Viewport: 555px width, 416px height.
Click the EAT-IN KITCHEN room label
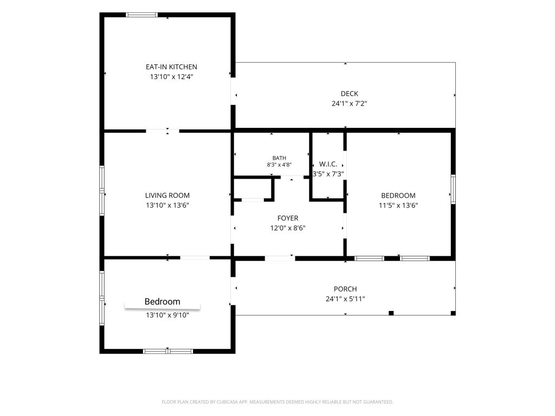[171, 67]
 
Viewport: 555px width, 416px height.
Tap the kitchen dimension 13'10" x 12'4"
[171, 77]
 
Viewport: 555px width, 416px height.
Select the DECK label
[350, 94]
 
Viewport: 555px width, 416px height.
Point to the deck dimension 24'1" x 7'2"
[350, 103]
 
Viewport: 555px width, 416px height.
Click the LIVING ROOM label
[167, 195]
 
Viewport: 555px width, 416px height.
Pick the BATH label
[279, 158]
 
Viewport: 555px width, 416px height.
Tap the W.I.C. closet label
[328, 164]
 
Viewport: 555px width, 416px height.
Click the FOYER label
[288, 218]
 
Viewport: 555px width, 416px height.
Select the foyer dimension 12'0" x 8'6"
[288, 228]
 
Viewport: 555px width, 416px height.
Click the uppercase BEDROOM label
[398, 196]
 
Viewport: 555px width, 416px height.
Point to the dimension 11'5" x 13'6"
[398, 205]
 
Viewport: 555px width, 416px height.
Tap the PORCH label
[345, 289]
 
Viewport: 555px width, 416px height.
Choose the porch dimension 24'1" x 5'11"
[345, 299]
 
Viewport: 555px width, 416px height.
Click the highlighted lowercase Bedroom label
[163, 302]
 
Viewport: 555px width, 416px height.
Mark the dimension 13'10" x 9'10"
[167, 315]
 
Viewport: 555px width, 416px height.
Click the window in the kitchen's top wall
[141, 15]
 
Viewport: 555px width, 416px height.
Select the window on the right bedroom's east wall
[453, 189]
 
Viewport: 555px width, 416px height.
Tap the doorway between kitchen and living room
[163, 131]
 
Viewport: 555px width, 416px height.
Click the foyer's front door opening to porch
[280, 258]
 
